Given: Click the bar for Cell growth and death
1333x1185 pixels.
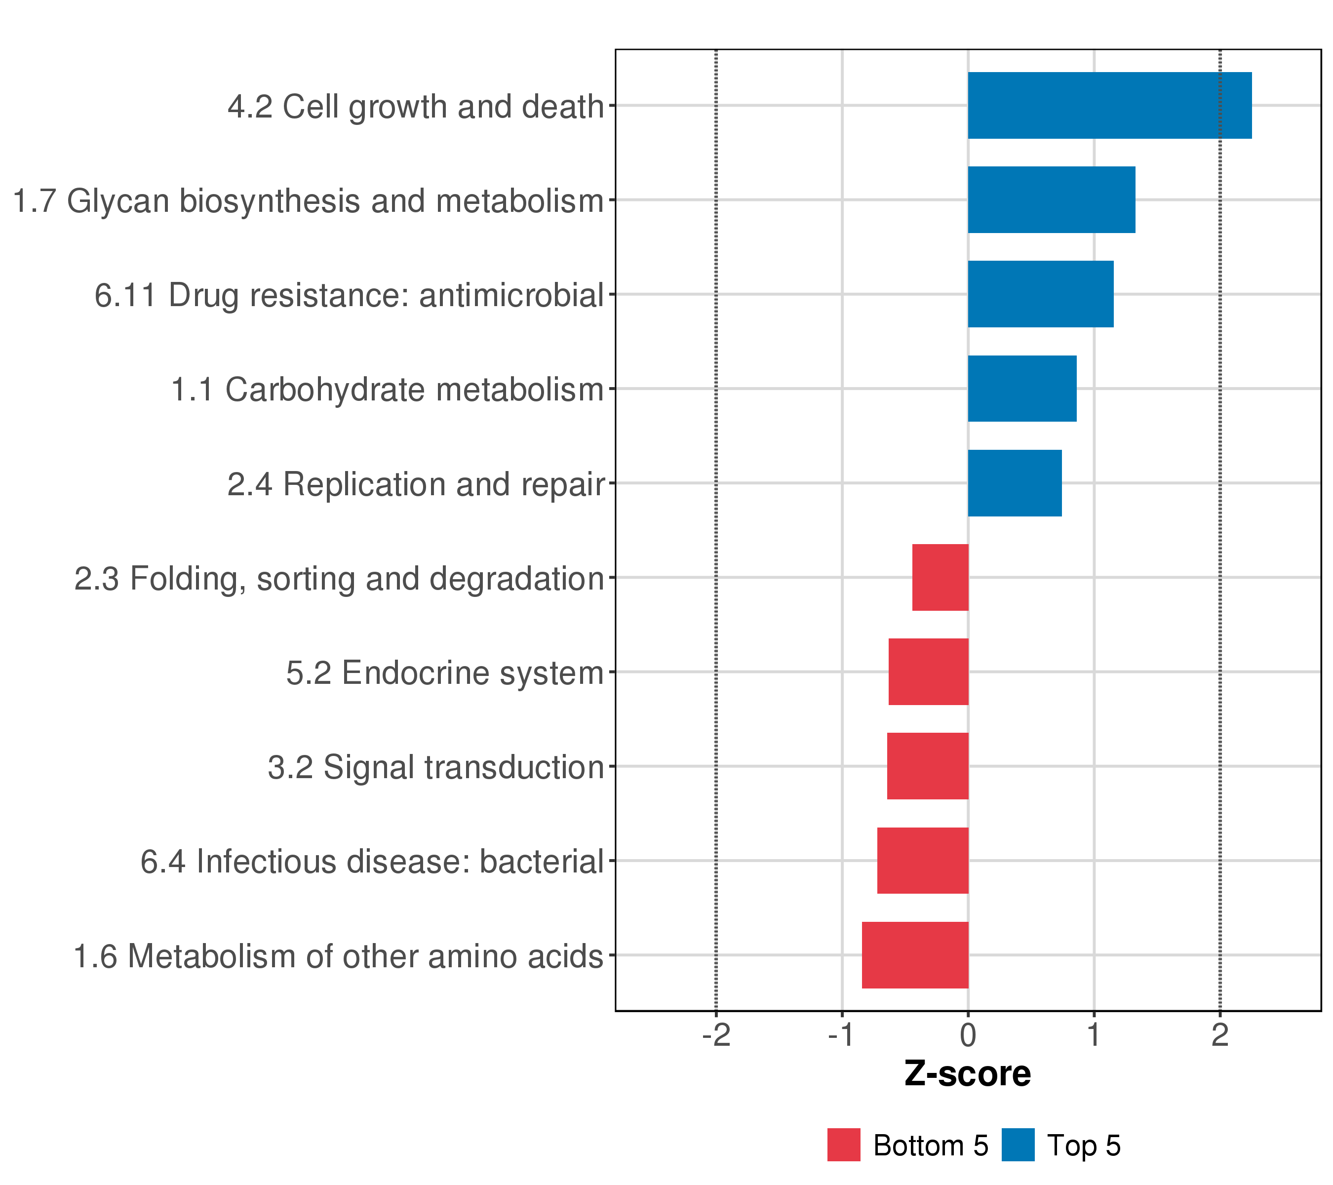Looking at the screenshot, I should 1109,106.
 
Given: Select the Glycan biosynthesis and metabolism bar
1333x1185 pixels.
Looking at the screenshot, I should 1051,199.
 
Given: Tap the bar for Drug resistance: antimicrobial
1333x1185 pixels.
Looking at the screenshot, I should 1040,294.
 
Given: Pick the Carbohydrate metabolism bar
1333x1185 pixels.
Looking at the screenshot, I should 1022,389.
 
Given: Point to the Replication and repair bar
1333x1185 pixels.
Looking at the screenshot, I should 1015,483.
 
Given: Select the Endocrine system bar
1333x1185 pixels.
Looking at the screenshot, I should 928,671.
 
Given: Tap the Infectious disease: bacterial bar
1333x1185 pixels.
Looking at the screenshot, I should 922,861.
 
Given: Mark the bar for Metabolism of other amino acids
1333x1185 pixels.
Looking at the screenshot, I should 915,955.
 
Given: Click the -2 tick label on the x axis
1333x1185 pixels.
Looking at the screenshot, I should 716,1036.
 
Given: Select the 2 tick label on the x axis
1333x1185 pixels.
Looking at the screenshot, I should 1220,1036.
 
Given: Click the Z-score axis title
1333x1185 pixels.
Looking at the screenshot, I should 968,1074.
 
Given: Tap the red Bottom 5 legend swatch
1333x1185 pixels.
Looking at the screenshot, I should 844,1145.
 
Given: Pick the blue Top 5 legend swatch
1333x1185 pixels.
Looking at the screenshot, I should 1018,1145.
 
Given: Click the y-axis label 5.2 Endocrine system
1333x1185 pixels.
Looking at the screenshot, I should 445,673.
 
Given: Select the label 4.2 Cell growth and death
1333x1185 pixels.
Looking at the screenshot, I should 415,107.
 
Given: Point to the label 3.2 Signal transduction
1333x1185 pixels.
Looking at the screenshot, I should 435,768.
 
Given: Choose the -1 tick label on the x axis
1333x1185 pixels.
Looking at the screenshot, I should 842,1036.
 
